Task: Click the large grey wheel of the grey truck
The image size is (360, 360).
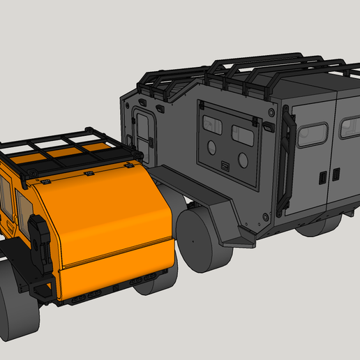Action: coord(204,238)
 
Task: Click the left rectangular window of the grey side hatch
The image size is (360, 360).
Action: coord(212,124)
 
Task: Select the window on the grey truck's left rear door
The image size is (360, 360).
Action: coord(312,135)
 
